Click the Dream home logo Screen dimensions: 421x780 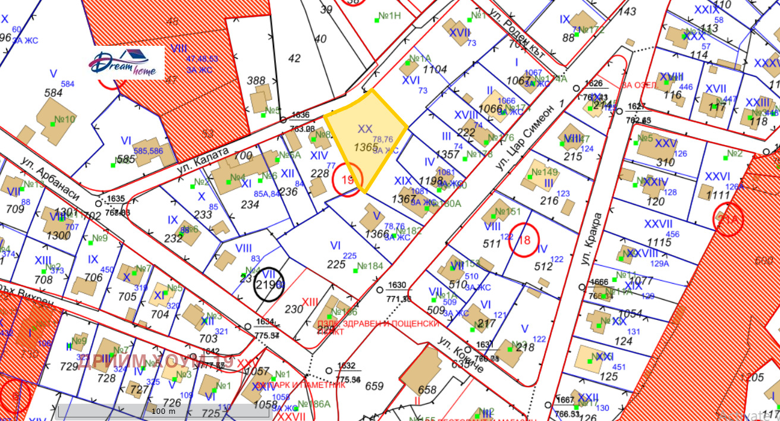coord(127,62)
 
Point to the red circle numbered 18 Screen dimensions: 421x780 coord(524,240)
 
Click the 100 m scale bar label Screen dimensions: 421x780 coord(163,411)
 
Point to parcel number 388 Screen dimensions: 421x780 coord(256,80)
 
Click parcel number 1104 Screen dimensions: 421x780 coord(435,70)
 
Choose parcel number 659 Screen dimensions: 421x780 coord(374,386)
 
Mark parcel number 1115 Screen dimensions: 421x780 coord(659,242)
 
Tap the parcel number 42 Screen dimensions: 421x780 coord(294,58)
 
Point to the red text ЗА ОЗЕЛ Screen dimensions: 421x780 coord(639,85)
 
